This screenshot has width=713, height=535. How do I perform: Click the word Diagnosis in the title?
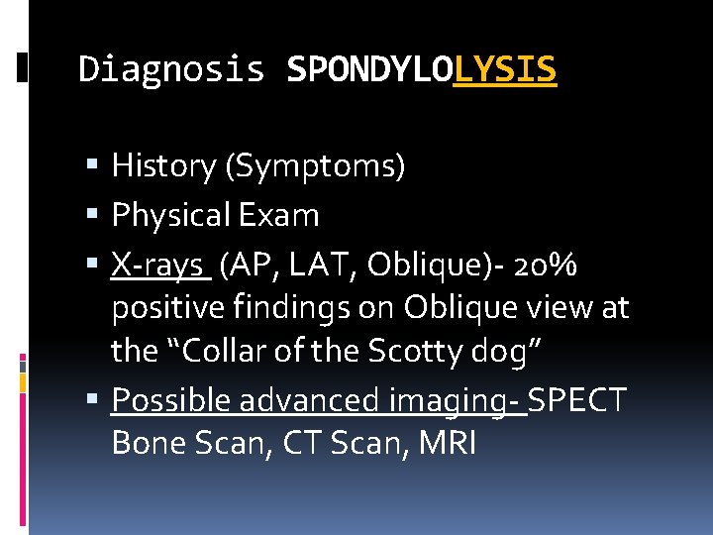171,69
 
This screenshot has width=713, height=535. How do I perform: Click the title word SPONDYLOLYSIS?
421,69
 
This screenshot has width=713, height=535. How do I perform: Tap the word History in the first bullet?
165,166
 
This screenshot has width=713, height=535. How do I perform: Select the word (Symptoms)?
316,166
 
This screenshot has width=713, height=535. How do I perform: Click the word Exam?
284,215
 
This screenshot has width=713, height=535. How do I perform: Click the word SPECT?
578,399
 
